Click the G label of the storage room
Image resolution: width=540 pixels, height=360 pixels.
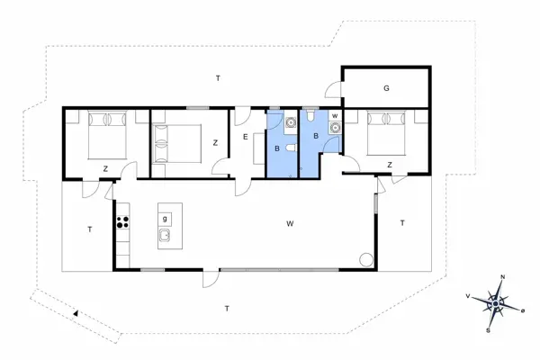[x=386, y=88]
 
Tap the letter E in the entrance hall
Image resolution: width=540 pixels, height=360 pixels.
[x=245, y=137]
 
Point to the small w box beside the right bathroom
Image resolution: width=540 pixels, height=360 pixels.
[x=335, y=116]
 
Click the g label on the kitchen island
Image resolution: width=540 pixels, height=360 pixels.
[x=165, y=218]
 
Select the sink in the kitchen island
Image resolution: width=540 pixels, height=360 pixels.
[x=166, y=237]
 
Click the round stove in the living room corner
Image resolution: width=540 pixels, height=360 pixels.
[x=365, y=260]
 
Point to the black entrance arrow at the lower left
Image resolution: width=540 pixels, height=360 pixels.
[x=77, y=312]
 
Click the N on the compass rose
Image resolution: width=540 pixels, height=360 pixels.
[x=503, y=277]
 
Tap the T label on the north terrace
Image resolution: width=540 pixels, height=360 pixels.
[x=218, y=79]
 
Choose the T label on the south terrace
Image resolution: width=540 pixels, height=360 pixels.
[x=227, y=308]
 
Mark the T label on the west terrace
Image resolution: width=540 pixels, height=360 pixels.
[x=90, y=230]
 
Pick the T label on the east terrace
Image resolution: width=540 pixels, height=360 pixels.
[x=402, y=222]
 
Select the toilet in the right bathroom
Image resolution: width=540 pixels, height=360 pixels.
[x=310, y=116]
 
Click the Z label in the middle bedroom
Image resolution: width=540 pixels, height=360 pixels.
[x=215, y=142]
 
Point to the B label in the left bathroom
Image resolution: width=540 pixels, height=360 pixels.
[x=278, y=148]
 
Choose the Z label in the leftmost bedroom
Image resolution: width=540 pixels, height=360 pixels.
[x=105, y=168]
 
